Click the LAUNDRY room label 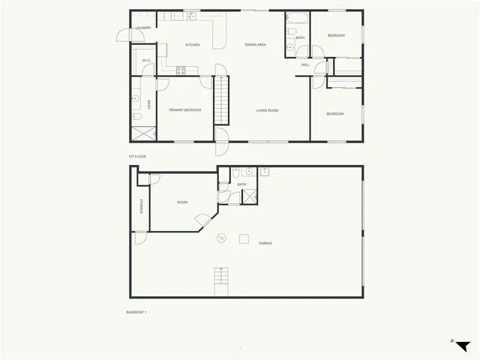pos(142,28)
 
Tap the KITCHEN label pos(192,45)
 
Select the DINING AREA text pos(256,45)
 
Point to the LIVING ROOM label pos(268,111)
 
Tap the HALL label pos(305,65)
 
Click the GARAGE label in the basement pos(265,243)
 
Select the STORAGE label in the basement pos(140,205)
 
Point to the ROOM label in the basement pos(182,202)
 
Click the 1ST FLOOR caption pos(136,156)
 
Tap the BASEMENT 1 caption pos(136,311)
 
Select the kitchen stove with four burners pos(181,70)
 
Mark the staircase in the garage pos(220,280)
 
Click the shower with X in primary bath pos(142,133)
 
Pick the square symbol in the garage pos(244,238)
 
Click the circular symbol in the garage pos(220,238)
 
